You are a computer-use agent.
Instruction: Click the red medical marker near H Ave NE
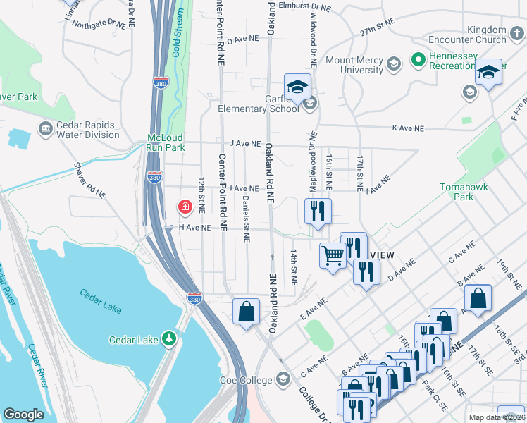184,207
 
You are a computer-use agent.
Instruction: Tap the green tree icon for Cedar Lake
168,339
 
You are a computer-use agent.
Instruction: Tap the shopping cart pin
333,255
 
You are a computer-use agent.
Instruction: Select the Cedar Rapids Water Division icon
45,130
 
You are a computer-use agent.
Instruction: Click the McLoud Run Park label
165,143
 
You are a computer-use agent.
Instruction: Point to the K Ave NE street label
408,129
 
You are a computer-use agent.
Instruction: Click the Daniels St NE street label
246,219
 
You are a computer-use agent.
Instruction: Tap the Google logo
24,415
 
